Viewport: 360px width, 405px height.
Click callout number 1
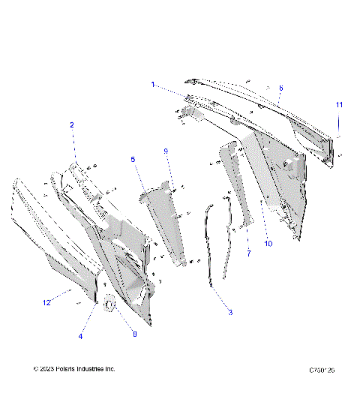[x=152, y=85]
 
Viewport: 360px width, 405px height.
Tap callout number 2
[x=72, y=124]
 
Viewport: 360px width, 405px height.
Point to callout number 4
[x=80, y=337]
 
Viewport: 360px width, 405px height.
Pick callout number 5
[x=133, y=160]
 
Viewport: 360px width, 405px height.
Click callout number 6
[x=280, y=88]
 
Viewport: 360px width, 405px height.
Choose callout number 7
[x=248, y=254]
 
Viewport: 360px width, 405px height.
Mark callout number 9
[x=166, y=151]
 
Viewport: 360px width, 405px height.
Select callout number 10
[x=268, y=244]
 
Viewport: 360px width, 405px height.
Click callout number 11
[x=339, y=104]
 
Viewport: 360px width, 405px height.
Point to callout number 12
[x=46, y=302]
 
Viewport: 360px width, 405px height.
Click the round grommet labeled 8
[x=109, y=306]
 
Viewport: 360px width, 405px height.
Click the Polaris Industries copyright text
[x=74, y=369]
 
